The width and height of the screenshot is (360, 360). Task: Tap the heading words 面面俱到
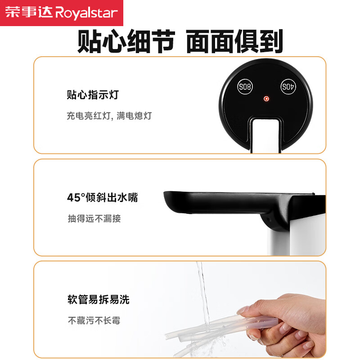(x=234, y=41)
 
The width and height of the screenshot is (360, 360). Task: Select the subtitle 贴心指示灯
(x=93, y=95)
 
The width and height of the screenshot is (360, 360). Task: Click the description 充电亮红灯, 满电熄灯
(x=109, y=116)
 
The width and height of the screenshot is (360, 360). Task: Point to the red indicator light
(x=266, y=99)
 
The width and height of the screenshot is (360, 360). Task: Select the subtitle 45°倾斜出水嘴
(x=108, y=198)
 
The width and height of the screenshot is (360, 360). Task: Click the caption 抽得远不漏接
(x=94, y=219)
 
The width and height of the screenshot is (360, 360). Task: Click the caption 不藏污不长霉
(x=94, y=321)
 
